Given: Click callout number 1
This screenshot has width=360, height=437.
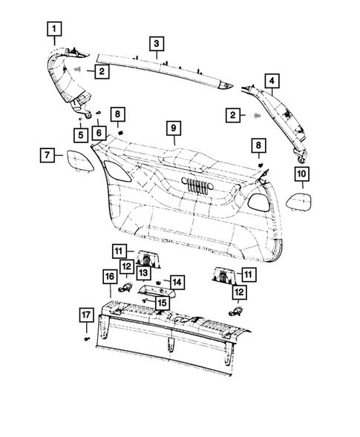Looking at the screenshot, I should (x=56, y=30).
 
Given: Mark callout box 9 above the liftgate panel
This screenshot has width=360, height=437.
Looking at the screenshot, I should (x=172, y=128).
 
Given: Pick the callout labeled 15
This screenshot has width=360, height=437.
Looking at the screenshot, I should (x=161, y=303).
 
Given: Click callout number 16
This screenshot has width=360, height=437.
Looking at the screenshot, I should (x=108, y=277).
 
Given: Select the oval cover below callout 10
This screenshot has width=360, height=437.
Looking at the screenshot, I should (x=301, y=202).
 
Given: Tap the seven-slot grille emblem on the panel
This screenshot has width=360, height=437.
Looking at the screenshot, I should (x=196, y=187).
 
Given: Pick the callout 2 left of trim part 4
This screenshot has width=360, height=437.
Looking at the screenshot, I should (x=234, y=115).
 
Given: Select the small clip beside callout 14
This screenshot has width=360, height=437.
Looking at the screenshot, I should (x=157, y=283).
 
